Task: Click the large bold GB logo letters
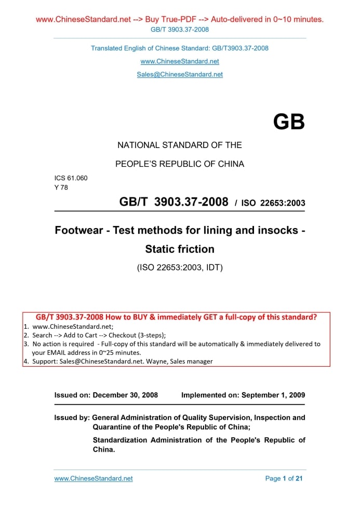pyautogui.click(x=289, y=122)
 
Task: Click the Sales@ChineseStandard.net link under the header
pyautogui.click(x=180, y=74)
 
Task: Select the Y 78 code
pyautogui.click(x=61, y=187)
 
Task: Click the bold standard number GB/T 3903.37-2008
pyautogui.click(x=174, y=202)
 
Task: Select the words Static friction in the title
pyautogui.click(x=180, y=249)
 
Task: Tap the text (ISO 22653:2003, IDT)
pyautogui.click(x=180, y=269)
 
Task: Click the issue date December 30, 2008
pyautogui.click(x=125, y=395)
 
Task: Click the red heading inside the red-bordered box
pyautogui.click(x=176, y=317)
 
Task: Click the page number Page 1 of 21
pyautogui.click(x=284, y=478)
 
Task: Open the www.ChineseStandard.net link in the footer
pyautogui.click(x=94, y=478)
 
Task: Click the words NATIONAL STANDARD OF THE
pyautogui.click(x=180, y=145)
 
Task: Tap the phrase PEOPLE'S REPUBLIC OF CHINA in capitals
pyautogui.click(x=180, y=164)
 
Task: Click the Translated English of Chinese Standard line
pyautogui.click(x=180, y=48)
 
